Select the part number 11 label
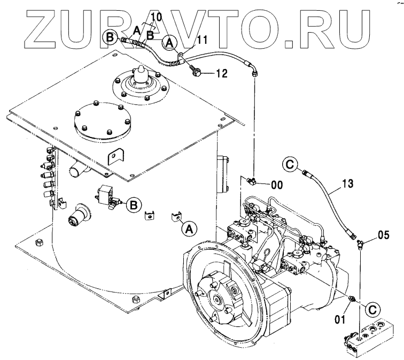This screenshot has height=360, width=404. (201, 39)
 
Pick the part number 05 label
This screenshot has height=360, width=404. (384, 234)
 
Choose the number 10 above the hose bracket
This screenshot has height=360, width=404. (155, 18)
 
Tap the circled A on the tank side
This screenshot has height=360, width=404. (188, 228)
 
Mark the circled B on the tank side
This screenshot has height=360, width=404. (135, 204)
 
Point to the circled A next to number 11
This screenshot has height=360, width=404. (170, 42)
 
